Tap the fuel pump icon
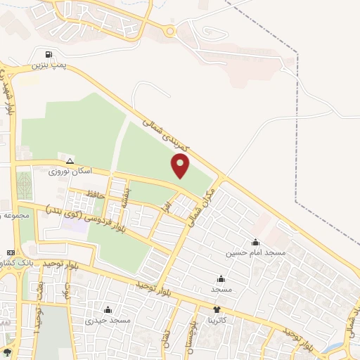click(48, 54)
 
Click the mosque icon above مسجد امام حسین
click(255, 242)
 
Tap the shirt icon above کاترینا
click(217, 309)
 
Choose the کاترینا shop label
click(217, 320)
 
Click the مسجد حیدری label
click(108, 320)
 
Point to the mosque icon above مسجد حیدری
click(108, 309)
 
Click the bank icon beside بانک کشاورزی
click(10, 252)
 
